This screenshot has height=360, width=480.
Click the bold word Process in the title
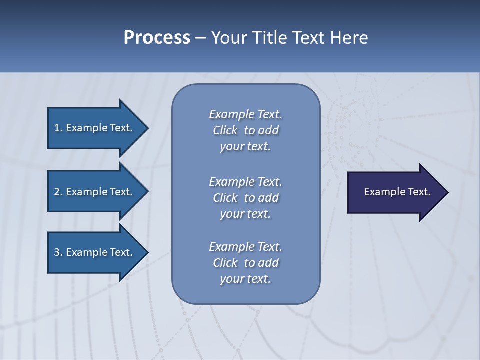click(157, 38)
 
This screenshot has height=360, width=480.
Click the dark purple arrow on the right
click(395, 192)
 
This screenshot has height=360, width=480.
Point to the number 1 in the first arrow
click(57, 128)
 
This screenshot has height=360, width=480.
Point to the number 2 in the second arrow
click(57, 192)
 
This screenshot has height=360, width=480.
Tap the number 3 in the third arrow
click(57, 252)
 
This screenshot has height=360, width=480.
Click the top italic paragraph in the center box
click(245, 130)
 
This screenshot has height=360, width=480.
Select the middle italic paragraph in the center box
click(245, 197)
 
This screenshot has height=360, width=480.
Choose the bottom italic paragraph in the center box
click(245, 263)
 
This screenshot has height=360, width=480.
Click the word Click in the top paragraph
click(225, 130)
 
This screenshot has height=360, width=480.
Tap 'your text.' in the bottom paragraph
click(245, 279)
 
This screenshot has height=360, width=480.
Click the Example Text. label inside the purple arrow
click(397, 192)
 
